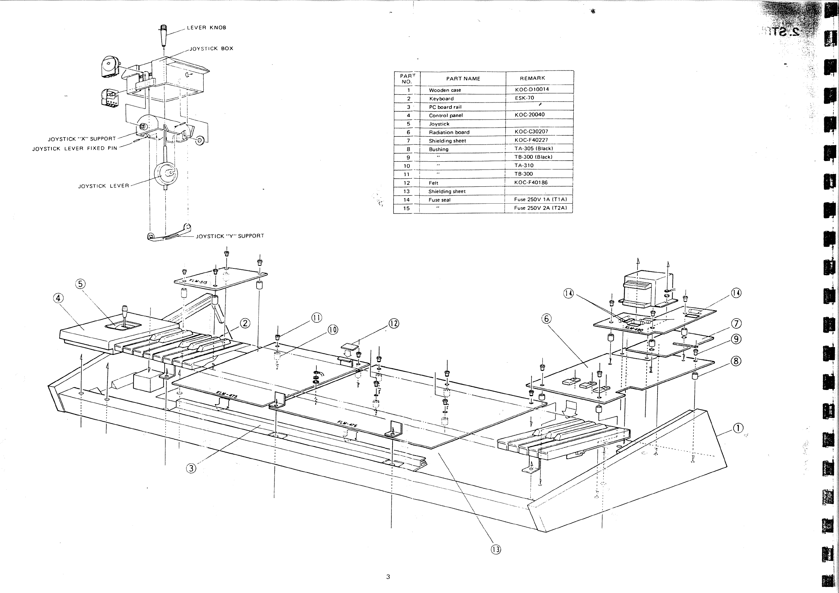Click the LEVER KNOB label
[206, 28]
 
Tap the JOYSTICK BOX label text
[211, 49]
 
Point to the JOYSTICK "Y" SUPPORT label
[230, 236]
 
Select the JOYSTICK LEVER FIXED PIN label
[75, 149]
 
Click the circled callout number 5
[80, 284]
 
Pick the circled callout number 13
[495, 550]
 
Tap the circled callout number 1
[738, 428]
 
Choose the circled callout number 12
[394, 323]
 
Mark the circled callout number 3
[191, 468]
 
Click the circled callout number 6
[546, 319]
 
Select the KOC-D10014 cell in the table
[532, 89]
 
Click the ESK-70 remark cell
[524, 98]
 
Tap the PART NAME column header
[463, 79]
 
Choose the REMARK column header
[532, 78]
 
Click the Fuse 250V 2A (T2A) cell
[540, 208]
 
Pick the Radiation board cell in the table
[449, 132]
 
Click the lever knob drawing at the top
[164, 35]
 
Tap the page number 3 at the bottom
[388, 577]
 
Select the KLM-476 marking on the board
[347, 424]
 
